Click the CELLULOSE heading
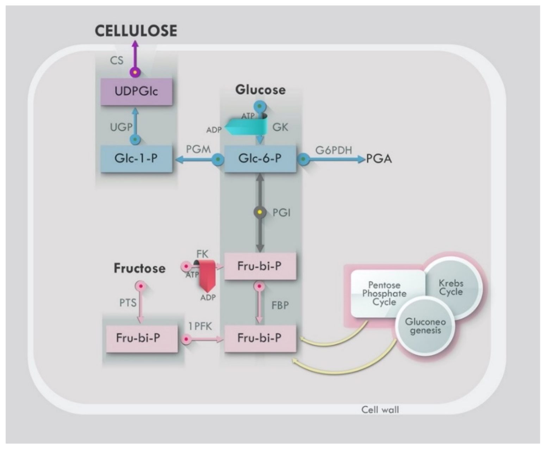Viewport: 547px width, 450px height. (136, 31)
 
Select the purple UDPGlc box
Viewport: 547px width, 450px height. (136, 92)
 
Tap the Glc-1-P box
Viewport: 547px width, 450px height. (136, 159)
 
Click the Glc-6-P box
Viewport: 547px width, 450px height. (260, 159)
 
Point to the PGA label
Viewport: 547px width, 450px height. (379, 159)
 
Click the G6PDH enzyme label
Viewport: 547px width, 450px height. (334, 150)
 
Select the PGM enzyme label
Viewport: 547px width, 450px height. (198, 149)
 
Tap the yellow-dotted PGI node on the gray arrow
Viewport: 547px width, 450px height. (260, 212)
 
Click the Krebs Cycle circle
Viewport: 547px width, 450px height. (451, 288)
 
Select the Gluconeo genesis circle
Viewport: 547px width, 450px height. (425, 326)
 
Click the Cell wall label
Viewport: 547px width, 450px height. (380, 409)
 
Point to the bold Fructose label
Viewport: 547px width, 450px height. (139, 268)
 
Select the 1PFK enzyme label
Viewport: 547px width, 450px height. (200, 326)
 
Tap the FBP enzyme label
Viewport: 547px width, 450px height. (280, 305)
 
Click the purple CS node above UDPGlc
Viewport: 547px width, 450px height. (135, 72)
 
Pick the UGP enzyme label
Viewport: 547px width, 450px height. (121, 127)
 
